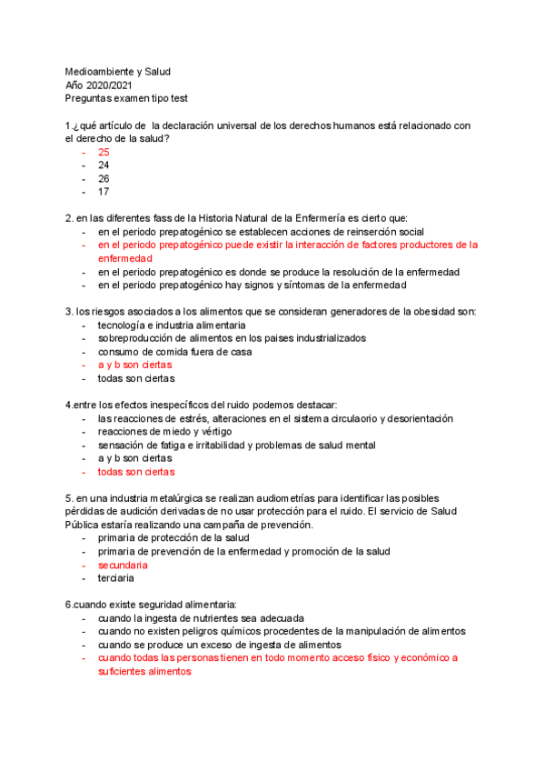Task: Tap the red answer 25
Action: [x=104, y=153]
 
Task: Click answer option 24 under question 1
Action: [x=104, y=165]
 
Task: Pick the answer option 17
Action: [x=104, y=192]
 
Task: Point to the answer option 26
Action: [x=104, y=179]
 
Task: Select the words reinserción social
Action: [x=380, y=232]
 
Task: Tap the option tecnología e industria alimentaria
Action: [x=172, y=325]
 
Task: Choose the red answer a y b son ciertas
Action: [x=134, y=365]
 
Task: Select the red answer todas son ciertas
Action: [x=136, y=472]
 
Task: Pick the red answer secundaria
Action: [x=123, y=565]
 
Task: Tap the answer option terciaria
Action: [x=116, y=578]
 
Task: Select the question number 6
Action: [x=68, y=605]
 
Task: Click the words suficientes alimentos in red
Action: [x=145, y=671]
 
